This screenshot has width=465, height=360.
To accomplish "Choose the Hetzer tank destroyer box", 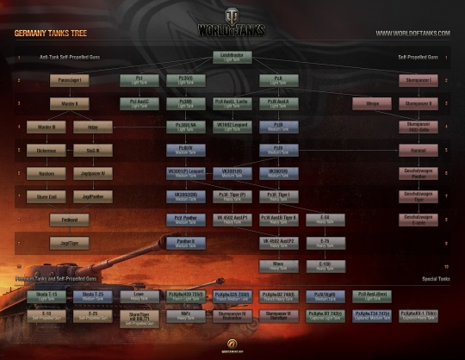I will pyautogui.click(x=93, y=126).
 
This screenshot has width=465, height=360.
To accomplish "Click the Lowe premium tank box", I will pyautogui.click(x=138, y=295).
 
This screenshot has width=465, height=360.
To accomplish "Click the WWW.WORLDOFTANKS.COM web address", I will pyautogui.click(x=412, y=34).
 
